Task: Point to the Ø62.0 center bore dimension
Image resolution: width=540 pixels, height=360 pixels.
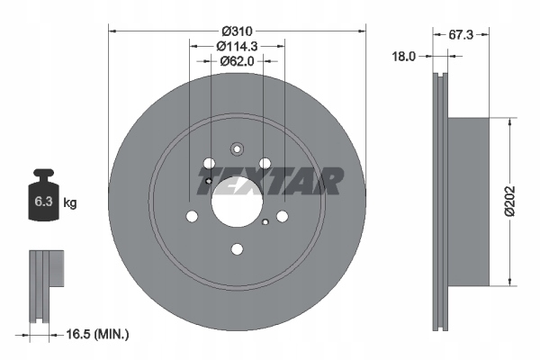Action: [237, 61]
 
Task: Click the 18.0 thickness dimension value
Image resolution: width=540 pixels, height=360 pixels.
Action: [404, 56]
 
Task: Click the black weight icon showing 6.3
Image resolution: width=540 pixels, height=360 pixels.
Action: [42, 199]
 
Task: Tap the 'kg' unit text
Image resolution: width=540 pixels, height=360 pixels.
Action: [70, 203]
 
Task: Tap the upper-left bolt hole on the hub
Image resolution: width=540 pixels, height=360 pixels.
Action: [209, 165]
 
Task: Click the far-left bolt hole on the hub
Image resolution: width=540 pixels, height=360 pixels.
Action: [191, 216]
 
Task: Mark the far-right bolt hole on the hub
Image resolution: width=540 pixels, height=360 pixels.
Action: [282, 216]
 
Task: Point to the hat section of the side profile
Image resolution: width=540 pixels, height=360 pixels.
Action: [468, 200]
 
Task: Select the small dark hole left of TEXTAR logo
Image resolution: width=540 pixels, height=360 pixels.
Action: [209, 183]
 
